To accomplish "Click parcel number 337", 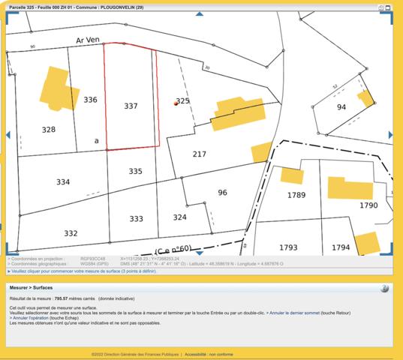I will (131, 106).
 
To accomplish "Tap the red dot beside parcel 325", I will (175, 105).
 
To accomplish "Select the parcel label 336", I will (90, 100).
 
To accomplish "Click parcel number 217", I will (199, 154).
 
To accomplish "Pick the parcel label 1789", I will (296, 195).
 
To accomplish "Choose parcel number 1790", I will (368, 205).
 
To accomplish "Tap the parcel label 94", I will (341, 107).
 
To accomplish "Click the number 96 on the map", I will (222, 193).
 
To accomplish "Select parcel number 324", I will (179, 217).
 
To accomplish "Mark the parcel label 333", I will (136, 219).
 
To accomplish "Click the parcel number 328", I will (48, 130).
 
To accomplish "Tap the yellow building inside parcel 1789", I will (291, 175).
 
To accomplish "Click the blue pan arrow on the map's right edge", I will (391, 135).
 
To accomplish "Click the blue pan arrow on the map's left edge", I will (8, 135).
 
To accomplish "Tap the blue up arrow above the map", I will (199, 13).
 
